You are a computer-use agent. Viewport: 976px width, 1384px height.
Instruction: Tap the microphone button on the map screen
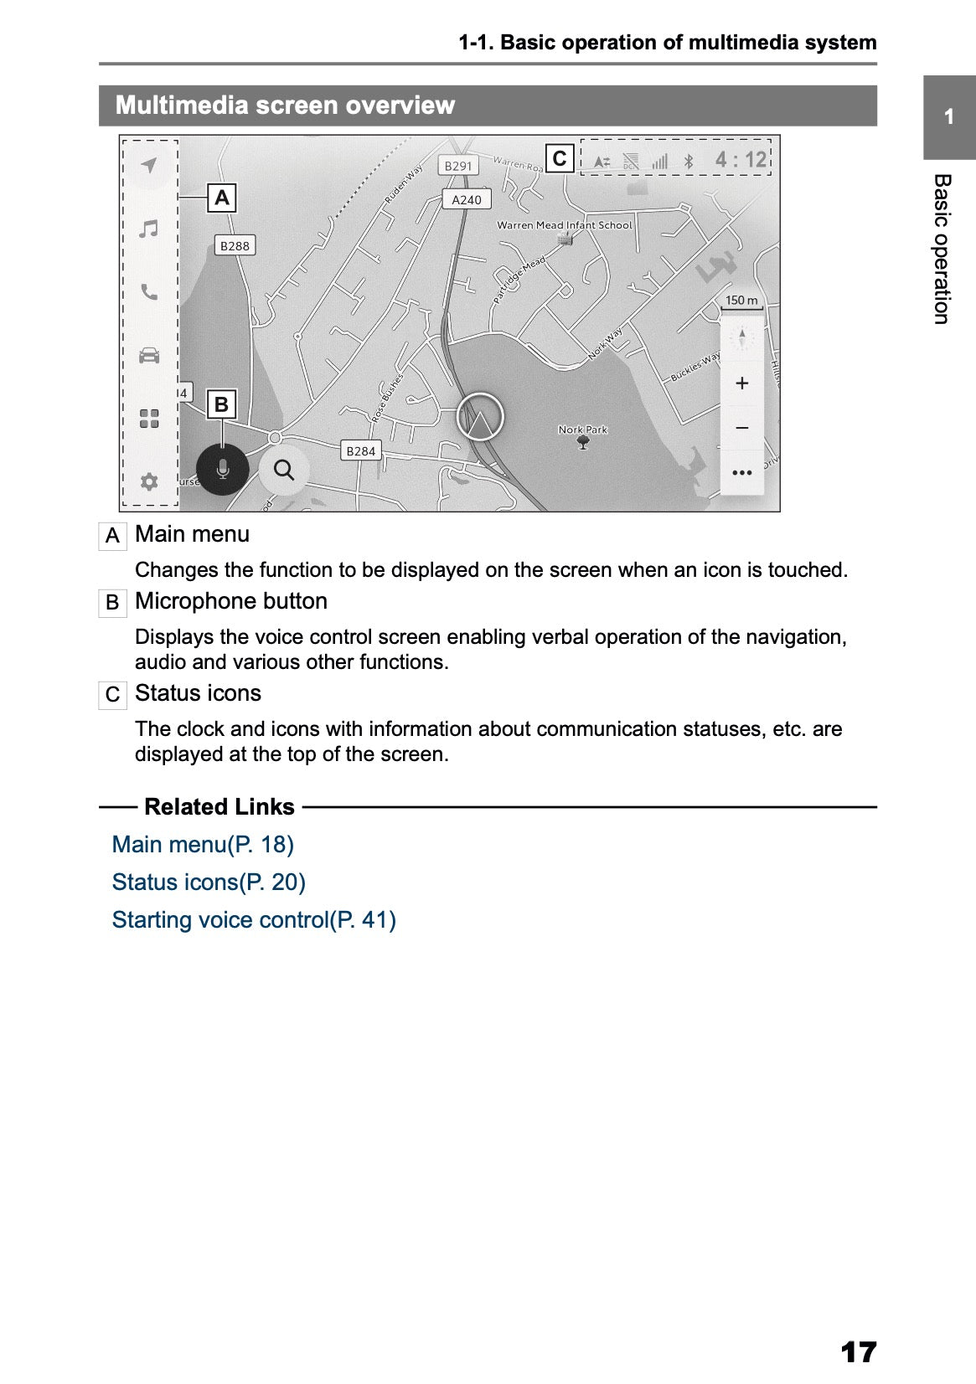tap(222, 469)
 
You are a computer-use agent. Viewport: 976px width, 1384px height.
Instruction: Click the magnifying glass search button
tap(284, 471)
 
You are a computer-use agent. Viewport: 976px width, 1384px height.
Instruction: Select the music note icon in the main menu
tap(149, 229)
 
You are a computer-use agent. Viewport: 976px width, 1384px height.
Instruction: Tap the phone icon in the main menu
tap(149, 292)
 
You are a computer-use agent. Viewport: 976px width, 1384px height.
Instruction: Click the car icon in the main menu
tap(149, 355)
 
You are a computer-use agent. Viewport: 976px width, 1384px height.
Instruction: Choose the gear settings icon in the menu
tap(149, 481)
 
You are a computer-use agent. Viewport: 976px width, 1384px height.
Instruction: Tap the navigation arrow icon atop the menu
tap(149, 165)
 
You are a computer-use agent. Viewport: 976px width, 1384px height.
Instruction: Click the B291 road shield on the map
tap(458, 166)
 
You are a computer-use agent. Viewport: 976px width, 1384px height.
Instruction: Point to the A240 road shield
tap(467, 199)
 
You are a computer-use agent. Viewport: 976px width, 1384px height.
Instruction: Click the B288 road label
tap(235, 245)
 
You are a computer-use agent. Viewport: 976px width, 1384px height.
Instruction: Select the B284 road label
tap(361, 450)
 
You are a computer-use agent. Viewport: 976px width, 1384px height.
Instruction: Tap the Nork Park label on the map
tap(583, 430)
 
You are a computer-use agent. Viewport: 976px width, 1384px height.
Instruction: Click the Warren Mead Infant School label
tap(564, 225)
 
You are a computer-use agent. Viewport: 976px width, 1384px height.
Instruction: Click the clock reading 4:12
tap(741, 159)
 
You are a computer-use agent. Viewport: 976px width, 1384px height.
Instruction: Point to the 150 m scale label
tap(741, 300)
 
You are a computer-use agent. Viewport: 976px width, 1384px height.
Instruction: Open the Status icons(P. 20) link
tap(209, 882)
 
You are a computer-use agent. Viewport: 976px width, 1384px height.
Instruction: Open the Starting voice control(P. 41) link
tap(254, 919)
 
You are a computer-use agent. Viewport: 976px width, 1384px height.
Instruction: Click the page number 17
tap(857, 1351)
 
